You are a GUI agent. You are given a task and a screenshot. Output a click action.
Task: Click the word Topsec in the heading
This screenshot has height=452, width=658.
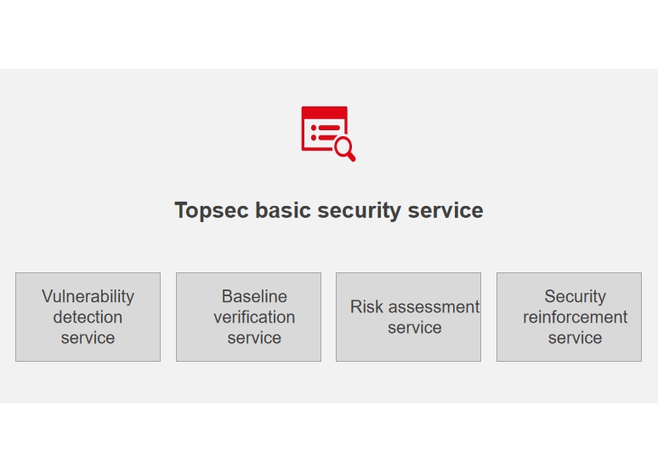(212, 211)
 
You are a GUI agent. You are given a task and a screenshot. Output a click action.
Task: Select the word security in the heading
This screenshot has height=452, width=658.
(359, 211)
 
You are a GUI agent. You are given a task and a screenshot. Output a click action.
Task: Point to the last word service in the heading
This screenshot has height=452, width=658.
(445, 209)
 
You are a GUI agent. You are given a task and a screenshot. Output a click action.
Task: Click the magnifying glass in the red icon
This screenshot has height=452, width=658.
(345, 149)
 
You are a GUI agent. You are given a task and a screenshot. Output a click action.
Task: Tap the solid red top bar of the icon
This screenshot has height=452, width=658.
(325, 112)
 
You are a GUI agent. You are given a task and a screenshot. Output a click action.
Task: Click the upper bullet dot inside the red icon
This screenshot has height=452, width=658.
(314, 128)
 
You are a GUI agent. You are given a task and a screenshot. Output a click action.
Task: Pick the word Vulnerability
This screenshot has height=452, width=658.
(88, 297)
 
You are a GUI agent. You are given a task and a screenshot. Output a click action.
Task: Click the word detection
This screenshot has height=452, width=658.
(88, 318)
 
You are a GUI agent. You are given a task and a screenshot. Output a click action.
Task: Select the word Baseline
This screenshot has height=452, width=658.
(254, 296)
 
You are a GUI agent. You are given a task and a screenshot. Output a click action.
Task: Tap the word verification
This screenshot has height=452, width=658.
(254, 318)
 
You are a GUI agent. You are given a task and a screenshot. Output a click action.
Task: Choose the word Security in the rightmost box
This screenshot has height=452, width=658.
(576, 297)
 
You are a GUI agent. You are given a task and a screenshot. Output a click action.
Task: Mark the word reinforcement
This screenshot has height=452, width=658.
(576, 318)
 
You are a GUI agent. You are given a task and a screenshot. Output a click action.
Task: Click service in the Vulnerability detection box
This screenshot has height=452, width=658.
(88, 338)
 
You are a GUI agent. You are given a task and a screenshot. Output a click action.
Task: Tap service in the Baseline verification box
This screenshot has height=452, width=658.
(254, 338)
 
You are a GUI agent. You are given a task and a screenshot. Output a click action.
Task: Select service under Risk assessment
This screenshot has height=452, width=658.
(415, 328)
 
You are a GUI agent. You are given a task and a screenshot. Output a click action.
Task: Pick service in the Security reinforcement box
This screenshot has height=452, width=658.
(576, 338)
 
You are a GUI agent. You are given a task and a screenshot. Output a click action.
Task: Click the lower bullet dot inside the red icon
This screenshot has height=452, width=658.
(314, 138)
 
